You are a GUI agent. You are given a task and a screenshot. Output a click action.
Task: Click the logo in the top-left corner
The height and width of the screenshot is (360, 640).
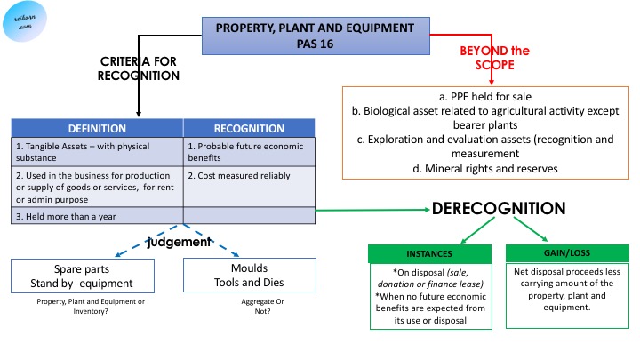(x=24, y=23)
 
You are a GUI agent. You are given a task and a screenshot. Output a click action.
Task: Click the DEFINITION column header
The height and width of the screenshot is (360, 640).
(x=97, y=128)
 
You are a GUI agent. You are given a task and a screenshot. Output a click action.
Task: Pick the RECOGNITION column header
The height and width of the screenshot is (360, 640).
(x=248, y=128)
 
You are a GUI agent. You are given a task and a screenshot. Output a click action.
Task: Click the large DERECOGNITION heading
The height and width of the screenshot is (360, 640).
(x=499, y=209)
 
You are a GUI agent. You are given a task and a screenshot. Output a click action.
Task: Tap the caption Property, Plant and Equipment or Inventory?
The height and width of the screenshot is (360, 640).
(x=79, y=307)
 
